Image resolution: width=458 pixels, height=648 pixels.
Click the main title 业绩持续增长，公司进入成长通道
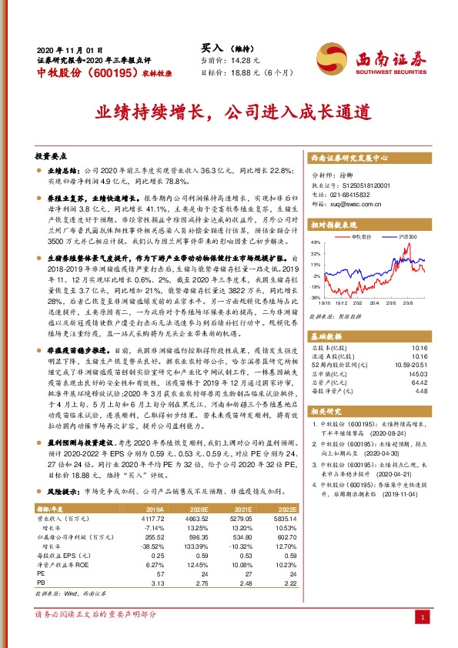(228, 111)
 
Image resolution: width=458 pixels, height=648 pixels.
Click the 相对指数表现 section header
(338, 223)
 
